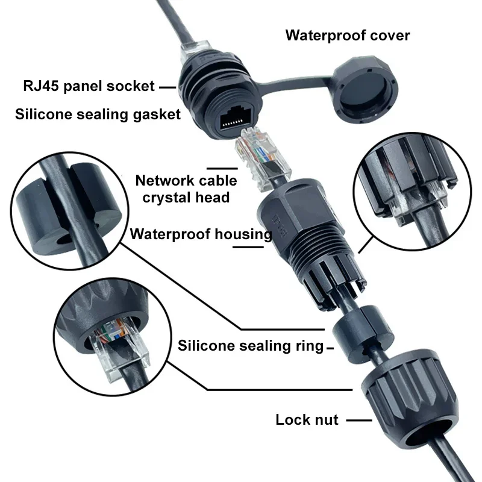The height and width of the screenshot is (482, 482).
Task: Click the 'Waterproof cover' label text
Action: pyautogui.click(x=348, y=35)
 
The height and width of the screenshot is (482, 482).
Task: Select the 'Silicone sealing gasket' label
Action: pyautogui.click(x=98, y=114)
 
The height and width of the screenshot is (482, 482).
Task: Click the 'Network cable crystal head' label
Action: pyautogui.click(x=186, y=189)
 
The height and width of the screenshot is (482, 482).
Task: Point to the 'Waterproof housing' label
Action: pyautogui.click(x=201, y=234)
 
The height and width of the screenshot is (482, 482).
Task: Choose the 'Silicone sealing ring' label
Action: pyautogui.click(x=250, y=346)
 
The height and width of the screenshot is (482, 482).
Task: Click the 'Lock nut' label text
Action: pyautogui.click(x=307, y=419)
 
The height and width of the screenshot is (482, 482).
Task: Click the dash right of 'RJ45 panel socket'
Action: pyautogui.click(x=167, y=87)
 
